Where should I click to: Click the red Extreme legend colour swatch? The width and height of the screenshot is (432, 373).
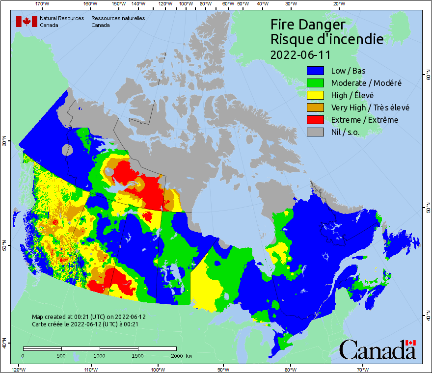click(x=316, y=120)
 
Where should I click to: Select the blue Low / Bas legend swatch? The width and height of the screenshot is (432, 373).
click(x=316, y=71)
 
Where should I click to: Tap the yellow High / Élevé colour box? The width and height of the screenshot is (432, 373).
click(x=316, y=95)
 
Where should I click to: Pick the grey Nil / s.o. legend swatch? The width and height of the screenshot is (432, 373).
click(x=316, y=132)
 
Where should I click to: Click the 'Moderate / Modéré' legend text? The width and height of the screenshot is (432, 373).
click(x=366, y=83)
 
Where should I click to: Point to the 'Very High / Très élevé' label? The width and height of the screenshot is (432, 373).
click(x=370, y=107)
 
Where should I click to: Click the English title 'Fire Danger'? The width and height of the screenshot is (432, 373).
click(x=308, y=25)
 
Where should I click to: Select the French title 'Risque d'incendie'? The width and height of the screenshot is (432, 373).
click(x=327, y=39)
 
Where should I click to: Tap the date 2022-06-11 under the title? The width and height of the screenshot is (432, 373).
click(x=300, y=54)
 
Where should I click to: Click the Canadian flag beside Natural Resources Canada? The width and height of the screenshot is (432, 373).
click(x=27, y=22)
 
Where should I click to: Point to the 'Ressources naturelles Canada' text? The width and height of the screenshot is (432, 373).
click(x=118, y=22)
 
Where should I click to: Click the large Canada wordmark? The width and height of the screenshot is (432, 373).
click(x=377, y=350)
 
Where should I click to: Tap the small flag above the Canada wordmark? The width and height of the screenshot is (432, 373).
click(x=410, y=343)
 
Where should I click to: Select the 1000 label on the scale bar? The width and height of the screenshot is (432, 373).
click(x=100, y=355)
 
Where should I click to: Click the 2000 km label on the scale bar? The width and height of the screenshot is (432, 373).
click(x=181, y=355)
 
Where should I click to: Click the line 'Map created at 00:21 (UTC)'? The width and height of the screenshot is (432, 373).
click(x=89, y=317)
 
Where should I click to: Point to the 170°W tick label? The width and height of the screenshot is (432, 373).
click(x=43, y=4)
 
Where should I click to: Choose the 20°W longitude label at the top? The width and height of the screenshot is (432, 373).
click(x=338, y=4)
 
